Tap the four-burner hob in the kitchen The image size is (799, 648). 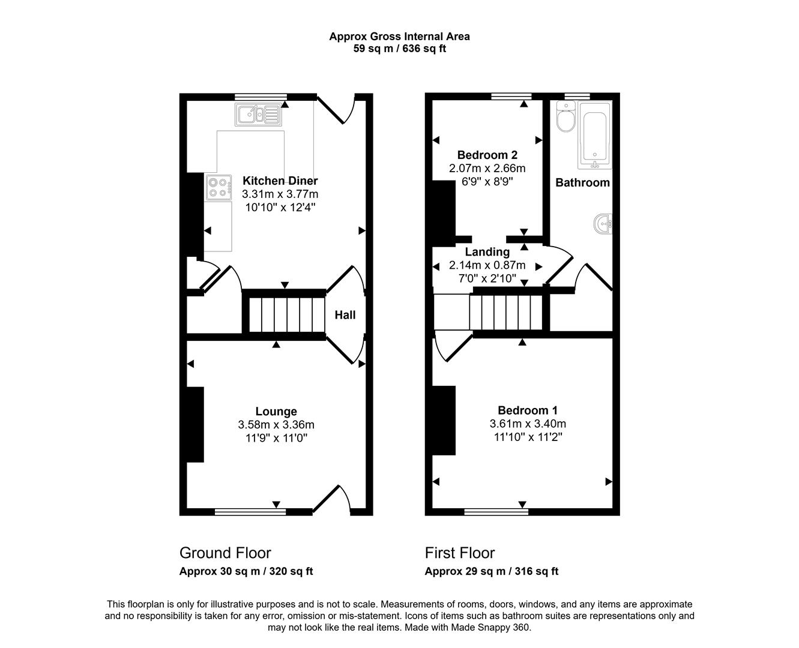point(219,187)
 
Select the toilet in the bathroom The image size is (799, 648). point(565,117)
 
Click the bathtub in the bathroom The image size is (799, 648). point(595,136)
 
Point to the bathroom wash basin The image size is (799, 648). point(603,224)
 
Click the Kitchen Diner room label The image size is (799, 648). point(280,181)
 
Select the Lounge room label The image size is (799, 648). point(276,411)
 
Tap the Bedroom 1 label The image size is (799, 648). point(527,410)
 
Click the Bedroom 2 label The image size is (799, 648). point(487,155)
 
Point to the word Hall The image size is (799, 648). point(345,315)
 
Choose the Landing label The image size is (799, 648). point(487,252)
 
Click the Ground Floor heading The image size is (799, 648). point(225,553)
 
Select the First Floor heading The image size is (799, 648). point(460,553)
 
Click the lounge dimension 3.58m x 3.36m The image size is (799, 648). point(276,425)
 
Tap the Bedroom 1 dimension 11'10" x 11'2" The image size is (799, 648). point(527,437)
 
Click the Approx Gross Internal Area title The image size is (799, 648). point(399,37)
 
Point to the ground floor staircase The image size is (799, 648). point(283,313)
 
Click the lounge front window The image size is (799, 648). point(250,512)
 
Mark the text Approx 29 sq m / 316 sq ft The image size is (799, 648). point(491,571)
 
